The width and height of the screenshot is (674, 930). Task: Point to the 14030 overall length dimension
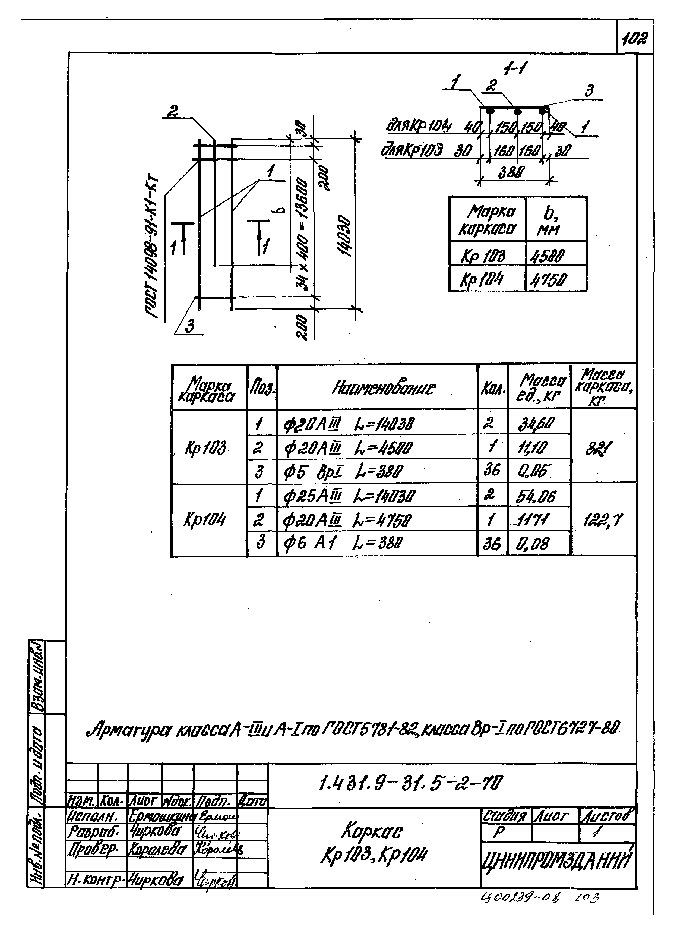click(346, 236)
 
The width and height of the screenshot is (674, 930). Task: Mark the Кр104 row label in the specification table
click(204, 520)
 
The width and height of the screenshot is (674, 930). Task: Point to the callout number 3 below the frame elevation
click(189, 326)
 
